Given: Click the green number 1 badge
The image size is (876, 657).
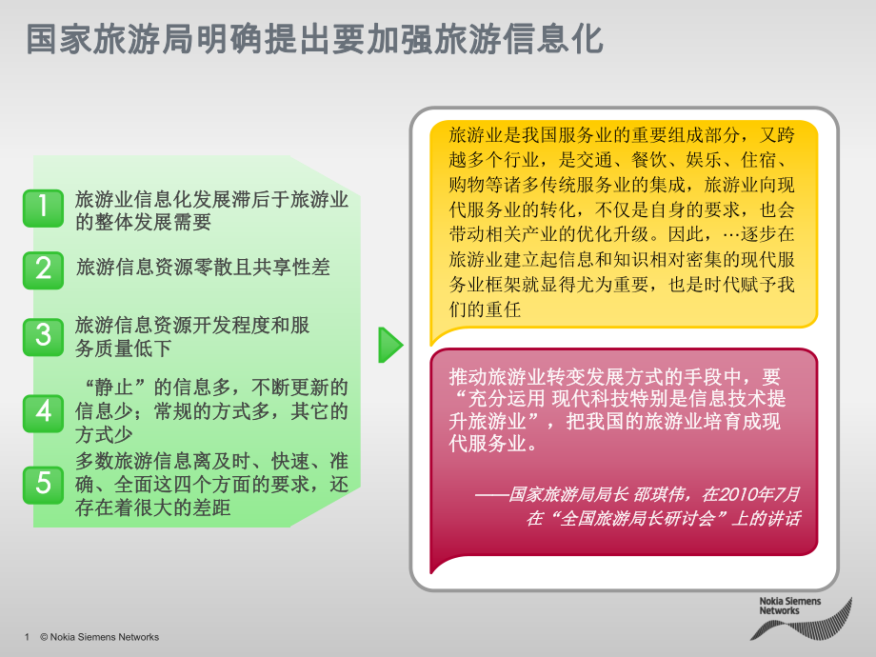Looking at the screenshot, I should pyautogui.click(x=43, y=209).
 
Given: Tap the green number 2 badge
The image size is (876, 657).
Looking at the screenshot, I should pyautogui.click(x=43, y=268).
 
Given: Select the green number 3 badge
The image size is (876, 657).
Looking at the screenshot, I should pyautogui.click(x=43, y=335).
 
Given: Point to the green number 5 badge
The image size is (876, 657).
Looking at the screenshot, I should pyautogui.click(x=43, y=484).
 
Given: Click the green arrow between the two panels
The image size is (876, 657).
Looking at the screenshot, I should pyautogui.click(x=390, y=345).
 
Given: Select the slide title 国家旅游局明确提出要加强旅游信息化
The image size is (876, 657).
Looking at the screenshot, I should pyautogui.click(x=314, y=40).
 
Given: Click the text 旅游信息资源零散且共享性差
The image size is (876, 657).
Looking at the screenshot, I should pyautogui.click(x=203, y=268).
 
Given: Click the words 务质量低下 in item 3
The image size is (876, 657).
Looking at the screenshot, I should pyautogui.click(x=124, y=348).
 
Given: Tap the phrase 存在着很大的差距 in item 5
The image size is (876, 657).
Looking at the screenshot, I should pyautogui.click(x=153, y=508).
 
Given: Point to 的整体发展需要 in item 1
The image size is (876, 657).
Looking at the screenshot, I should pyautogui.click(x=143, y=222).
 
